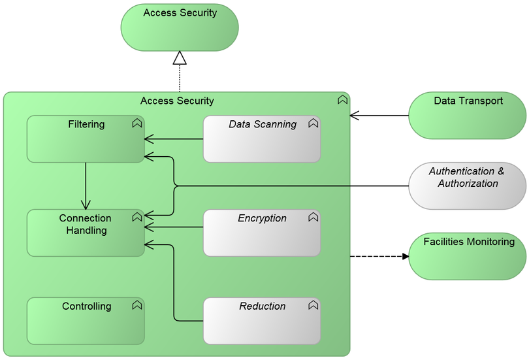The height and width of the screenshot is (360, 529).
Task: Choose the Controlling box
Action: coord(86,321)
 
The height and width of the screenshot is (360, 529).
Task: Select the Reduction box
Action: coord(261,321)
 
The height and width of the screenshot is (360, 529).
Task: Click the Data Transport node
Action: coord(468,116)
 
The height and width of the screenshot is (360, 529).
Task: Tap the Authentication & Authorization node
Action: coord(468,186)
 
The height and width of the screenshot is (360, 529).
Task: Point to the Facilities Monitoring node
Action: coord(468,256)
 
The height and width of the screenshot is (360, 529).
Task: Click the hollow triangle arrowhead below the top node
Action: coord(180,58)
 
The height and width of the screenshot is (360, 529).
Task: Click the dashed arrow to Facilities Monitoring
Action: coord(379,256)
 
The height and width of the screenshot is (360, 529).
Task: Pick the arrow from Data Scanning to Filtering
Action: coord(174,139)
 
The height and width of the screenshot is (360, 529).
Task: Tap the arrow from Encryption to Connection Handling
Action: coord(174,227)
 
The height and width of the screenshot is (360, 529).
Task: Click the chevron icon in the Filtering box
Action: coord(136,123)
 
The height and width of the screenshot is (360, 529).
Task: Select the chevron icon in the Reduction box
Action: coord(313,305)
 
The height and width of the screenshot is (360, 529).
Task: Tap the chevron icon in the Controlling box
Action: coord(136,305)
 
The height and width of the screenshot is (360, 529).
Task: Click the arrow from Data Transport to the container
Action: coord(379,116)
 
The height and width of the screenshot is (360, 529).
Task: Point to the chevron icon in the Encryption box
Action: coord(313,217)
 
